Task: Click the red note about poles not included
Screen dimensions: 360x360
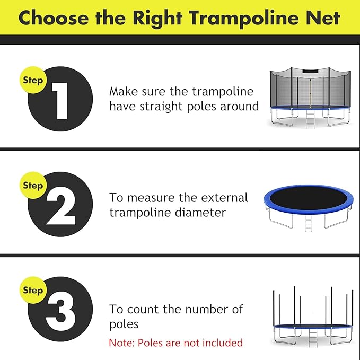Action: [x=175, y=343]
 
